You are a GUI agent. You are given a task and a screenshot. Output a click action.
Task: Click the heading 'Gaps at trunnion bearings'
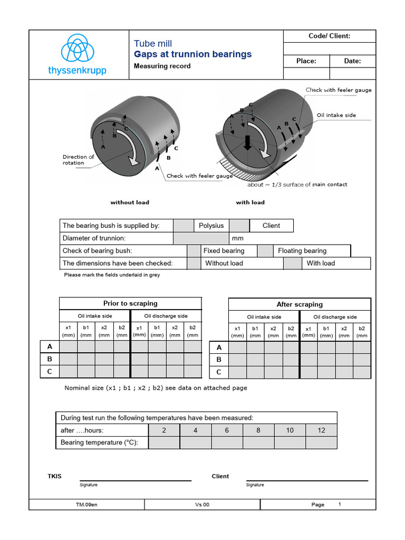193,54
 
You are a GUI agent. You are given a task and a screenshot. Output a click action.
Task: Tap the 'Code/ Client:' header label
329,36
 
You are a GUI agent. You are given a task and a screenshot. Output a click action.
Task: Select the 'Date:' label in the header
352,61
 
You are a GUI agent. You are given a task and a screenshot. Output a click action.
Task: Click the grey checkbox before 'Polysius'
184,226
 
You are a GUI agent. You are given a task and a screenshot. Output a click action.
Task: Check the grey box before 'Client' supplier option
239,226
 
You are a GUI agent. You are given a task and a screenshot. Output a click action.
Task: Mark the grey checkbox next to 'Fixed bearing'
194,251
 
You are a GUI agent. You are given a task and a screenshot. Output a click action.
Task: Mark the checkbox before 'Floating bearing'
265,251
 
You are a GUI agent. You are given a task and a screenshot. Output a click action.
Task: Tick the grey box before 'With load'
293,263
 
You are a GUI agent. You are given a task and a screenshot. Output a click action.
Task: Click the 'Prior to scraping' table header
130,303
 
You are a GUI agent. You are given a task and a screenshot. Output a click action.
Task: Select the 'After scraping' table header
300,304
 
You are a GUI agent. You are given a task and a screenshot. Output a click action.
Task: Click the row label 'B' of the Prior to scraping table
50,359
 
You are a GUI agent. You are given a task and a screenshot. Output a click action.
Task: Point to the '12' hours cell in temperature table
321,430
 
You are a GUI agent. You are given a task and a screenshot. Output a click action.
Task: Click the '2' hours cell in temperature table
164,430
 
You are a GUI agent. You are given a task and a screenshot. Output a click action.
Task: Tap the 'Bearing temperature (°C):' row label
99,442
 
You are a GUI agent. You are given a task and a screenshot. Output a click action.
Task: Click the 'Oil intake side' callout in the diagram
336,115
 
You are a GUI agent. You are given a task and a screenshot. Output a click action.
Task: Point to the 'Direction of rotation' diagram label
78,160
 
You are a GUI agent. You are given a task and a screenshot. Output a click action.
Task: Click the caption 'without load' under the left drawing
130,202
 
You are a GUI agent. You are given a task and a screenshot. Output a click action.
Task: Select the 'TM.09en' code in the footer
86,505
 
